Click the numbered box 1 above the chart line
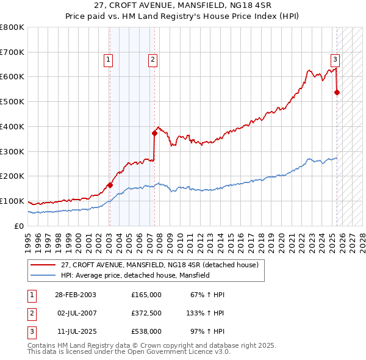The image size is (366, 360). [x=107, y=59]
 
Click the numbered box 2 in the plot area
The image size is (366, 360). [x=152, y=59]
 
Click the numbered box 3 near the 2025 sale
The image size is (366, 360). [x=335, y=59]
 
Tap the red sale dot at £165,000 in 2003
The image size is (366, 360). [x=110, y=185]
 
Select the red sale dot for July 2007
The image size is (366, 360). [x=154, y=133]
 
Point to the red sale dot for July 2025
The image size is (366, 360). [x=337, y=92]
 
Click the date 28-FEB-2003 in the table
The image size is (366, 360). [x=75, y=294]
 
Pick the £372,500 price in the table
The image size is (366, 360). [x=146, y=313]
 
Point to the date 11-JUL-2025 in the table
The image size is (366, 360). [x=74, y=331]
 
